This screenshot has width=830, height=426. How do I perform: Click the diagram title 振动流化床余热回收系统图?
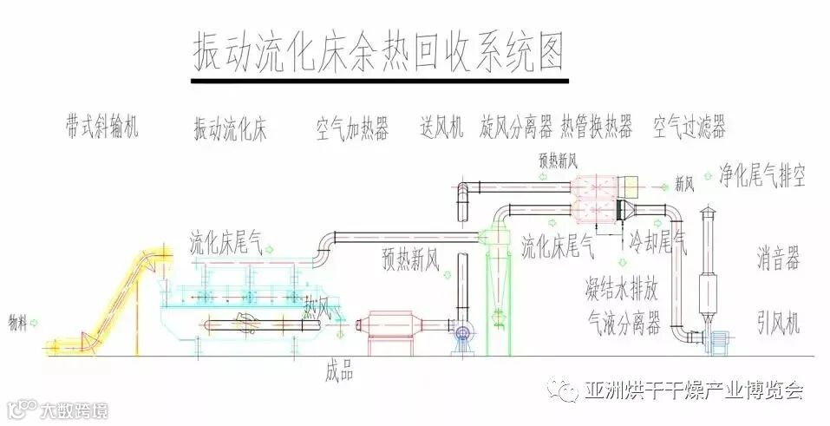pyautogui.click(x=378, y=51)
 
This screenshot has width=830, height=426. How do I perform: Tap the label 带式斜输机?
pyautogui.click(x=101, y=127)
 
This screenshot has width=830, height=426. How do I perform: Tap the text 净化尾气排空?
pyautogui.click(x=762, y=176)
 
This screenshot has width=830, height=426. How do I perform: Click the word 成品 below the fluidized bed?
pyautogui.click(x=339, y=371)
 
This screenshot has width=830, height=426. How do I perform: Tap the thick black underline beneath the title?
pyautogui.click(x=379, y=82)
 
